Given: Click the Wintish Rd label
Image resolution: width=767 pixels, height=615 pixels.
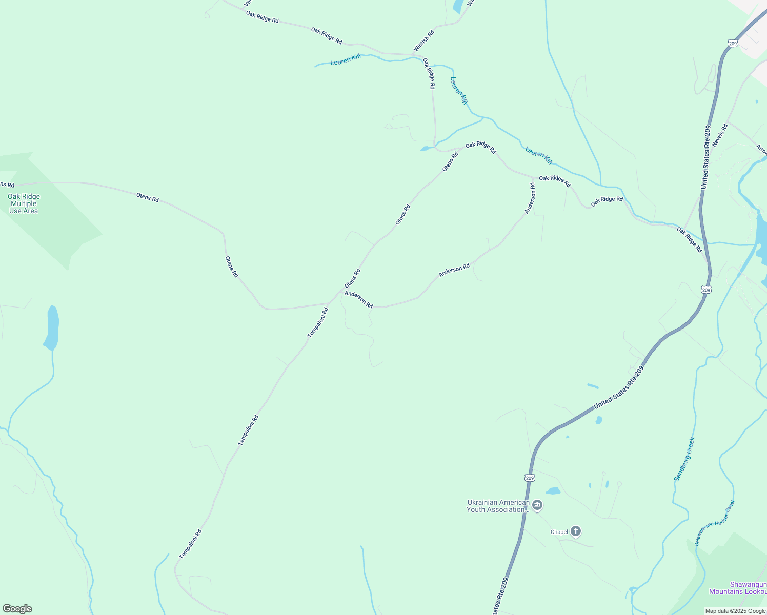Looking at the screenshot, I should click(424, 40).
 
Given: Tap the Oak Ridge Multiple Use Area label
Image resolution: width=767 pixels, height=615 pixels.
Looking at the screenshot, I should click(24, 203).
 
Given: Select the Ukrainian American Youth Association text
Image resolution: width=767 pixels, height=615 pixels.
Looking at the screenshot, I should click(497, 506).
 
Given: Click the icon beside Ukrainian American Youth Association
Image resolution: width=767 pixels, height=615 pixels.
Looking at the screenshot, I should click(537, 506).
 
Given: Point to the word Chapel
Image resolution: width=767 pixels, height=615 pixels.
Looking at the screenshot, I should click(559, 532).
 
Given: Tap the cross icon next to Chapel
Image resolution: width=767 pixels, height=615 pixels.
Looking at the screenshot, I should click(576, 531).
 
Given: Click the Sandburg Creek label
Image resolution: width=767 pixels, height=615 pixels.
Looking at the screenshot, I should click(684, 459).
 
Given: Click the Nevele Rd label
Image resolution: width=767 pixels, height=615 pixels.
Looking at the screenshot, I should click(720, 135).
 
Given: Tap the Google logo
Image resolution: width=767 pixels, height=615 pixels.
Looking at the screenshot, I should click(17, 609).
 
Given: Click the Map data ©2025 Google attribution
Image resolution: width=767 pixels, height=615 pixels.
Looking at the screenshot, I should click(735, 611).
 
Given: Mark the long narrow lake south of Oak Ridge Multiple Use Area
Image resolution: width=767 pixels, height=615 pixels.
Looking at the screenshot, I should click(52, 327).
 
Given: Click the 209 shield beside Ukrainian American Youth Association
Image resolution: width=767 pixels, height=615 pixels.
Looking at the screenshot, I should click(530, 478).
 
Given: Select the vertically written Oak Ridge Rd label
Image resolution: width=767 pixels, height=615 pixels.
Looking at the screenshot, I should click(429, 74).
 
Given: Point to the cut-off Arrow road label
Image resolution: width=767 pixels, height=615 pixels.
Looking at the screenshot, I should click(761, 150).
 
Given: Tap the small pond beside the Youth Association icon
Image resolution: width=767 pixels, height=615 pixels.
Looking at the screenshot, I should click(553, 491).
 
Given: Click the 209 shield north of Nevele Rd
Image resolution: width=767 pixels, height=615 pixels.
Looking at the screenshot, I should click(733, 44).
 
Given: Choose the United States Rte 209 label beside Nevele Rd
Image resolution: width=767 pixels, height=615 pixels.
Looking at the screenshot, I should click(707, 157).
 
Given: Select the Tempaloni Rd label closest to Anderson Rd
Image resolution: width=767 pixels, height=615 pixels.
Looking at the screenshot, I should click(317, 322).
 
